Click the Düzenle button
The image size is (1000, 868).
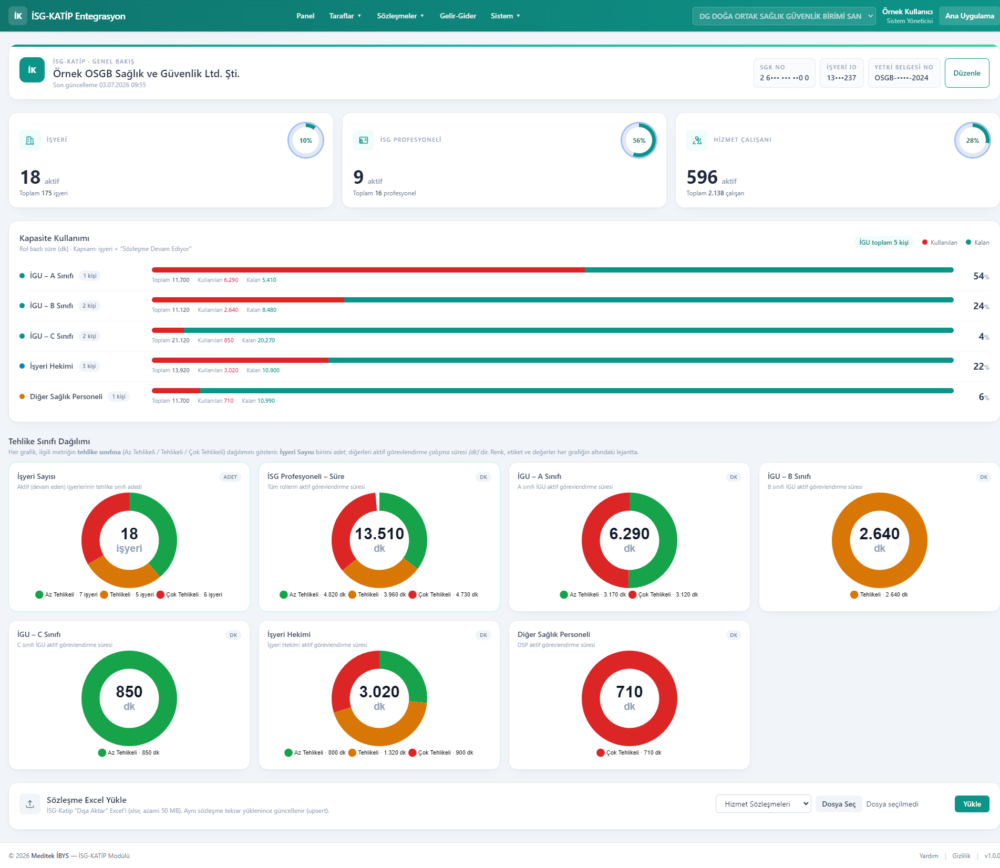(x=966, y=73)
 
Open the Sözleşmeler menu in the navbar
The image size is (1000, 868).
(x=400, y=16)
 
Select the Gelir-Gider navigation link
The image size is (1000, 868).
(x=458, y=16)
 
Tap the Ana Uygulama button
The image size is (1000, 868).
(x=969, y=16)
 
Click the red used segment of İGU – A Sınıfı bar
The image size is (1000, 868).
(x=368, y=270)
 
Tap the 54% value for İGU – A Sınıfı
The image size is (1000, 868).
(x=981, y=276)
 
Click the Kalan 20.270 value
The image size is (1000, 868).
(x=258, y=340)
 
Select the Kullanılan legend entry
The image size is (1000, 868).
(x=940, y=243)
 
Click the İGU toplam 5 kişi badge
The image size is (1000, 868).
(x=884, y=243)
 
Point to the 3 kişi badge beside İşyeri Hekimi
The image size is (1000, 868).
(x=89, y=366)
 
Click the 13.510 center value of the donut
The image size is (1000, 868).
(x=379, y=534)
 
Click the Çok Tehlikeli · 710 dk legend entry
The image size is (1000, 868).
(x=629, y=752)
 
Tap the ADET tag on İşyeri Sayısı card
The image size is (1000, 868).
(x=230, y=477)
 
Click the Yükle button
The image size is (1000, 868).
(x=972, y=804)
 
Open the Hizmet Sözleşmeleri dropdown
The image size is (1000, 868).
(x=763, y=804)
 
